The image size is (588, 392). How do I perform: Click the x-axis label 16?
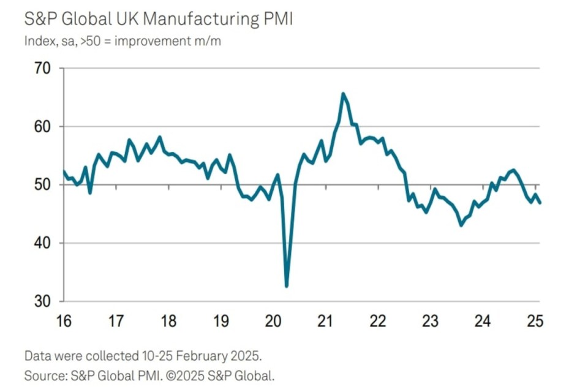click(x=64, y=320)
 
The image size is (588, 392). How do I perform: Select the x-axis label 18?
click(x=168, y=320)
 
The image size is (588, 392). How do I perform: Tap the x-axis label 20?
click(x=273, y=320)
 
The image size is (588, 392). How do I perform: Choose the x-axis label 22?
click(x=378, y=320)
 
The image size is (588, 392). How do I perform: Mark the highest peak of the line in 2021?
click(x=343, y=94)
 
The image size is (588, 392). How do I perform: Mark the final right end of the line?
click(x=540, y=203)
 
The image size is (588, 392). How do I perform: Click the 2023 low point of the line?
click(x=461, y=225)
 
